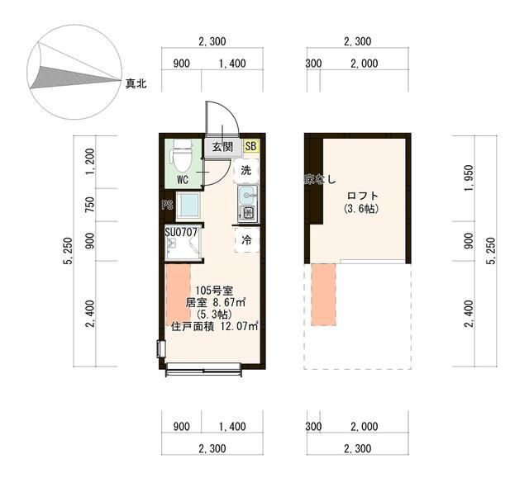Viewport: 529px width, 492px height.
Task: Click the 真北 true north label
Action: (x=136, y=83)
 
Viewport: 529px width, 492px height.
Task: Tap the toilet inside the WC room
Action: (x=183, y=154)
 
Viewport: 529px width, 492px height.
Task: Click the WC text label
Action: (x=183, y=178)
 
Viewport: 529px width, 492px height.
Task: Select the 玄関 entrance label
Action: (x=222, y=147)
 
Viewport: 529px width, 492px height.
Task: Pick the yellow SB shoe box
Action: (x=250, y=147)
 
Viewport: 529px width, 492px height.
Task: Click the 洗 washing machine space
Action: (x=246, y=171)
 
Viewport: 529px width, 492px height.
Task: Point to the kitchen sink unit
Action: (x=248, y=203)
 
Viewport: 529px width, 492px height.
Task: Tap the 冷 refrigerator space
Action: (x=246, y=239)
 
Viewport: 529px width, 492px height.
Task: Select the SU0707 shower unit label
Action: (x=181, y=233)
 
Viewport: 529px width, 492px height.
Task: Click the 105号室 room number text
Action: (x=212, y=290)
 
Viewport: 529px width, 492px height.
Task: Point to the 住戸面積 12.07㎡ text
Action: (x=214, y=327)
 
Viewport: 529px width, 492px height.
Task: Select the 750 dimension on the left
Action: (x=91, y=202)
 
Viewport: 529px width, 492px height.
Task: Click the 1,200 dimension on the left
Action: (x=91, y=159)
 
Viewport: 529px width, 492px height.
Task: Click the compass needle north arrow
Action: (x=74, y=77)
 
